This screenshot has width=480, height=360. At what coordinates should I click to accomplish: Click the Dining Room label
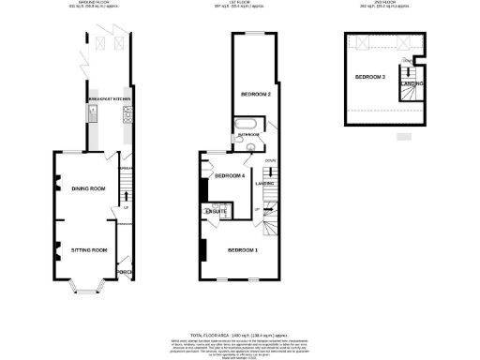point(88,188)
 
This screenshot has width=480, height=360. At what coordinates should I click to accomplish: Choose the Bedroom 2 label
point(256,94)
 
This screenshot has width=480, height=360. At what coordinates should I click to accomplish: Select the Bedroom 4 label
point(229,175)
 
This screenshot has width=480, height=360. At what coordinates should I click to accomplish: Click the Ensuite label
point(214,214)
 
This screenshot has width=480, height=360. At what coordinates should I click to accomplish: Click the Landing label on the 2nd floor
point(411,84)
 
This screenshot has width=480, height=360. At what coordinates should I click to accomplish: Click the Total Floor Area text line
point(239,335)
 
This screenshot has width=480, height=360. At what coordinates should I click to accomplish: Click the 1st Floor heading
point(241,5)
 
